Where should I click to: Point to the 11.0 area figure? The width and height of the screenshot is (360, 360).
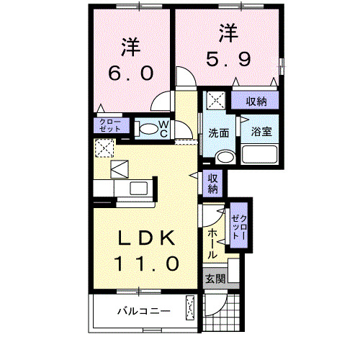click(x=144, y=264)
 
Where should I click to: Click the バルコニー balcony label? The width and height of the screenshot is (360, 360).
click(x=144, y=312)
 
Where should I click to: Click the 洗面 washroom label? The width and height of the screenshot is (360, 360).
click(x=219, y=132)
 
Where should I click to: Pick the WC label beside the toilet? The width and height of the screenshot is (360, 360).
click(x=163, y=129)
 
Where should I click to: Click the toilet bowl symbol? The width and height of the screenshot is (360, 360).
click(x=147, y=130)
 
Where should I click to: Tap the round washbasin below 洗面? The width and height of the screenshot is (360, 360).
click(x=225, y=156)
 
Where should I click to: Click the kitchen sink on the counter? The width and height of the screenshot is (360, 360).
click(x=137, y=189)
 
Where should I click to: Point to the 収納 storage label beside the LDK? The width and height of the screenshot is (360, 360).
click(x=213, y=184)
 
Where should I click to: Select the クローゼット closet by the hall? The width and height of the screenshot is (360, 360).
click(x=238, y=226)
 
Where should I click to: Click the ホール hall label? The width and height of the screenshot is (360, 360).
click(x=214, y=245)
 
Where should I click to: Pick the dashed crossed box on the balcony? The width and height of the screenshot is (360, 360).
click(x=190, y=309)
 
